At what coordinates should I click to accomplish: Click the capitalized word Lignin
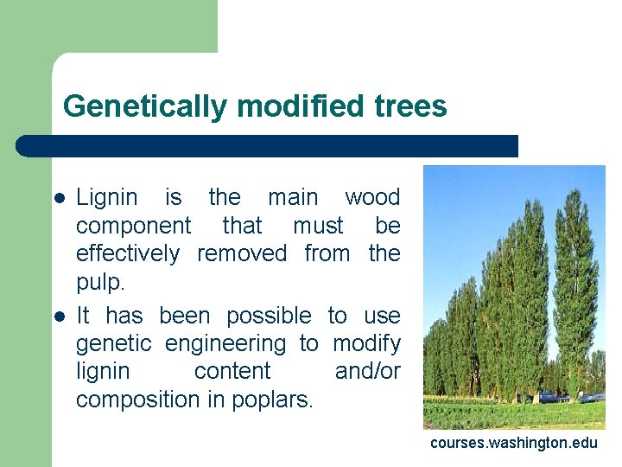tap(107, 198)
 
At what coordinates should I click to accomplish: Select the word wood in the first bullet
tap(372, 197)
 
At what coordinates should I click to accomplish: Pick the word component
tap(133, 226)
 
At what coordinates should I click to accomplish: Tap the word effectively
tap(128, 253)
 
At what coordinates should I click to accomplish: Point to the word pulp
tap(98, 283)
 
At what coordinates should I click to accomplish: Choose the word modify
tap(366, 343)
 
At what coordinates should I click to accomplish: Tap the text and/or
tap(367, 372)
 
